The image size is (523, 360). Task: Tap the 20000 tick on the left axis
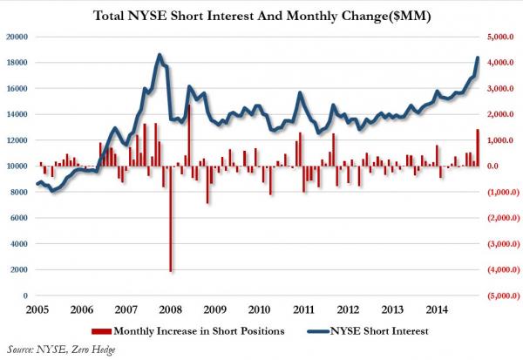pyautogui.click(x=17, y=37)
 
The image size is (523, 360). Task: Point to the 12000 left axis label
pyautogui.click(x=17, y=140)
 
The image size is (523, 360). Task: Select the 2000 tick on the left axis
pyautogui.click(x=20, y=270)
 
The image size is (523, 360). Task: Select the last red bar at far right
pyautogui.click(x=477, y=147)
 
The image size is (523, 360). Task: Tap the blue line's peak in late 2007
pyautogui.click(x=159, y=55)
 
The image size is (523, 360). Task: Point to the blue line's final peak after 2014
pyautogui.click(x=477, y=58)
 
